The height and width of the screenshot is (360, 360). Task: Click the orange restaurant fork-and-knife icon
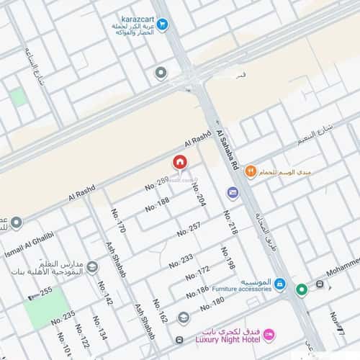pos(250,171)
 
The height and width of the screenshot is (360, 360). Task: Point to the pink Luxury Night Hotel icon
pos(269,333)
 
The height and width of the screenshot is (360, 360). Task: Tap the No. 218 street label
pos(230,222)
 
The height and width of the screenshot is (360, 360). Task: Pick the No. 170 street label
pos(118,222)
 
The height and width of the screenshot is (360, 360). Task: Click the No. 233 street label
pos(181,260)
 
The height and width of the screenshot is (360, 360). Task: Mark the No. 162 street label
pos(160,312)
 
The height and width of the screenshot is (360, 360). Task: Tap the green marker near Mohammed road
pos(302,289)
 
